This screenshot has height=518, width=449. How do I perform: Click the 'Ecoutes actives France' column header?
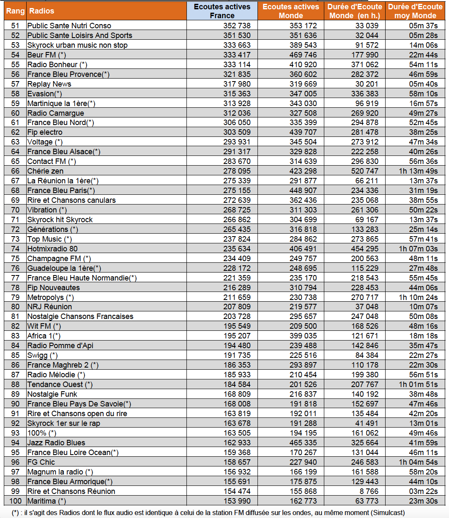pos(222,11)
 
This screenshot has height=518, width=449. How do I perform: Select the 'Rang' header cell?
pos(15,11)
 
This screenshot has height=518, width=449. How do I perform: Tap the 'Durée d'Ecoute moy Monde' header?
pos(415,11)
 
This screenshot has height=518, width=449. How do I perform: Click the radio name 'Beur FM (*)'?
pos(47,55)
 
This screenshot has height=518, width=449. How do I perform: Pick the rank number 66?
pos(15,171)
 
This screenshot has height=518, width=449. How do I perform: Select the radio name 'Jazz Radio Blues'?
pos(56,443)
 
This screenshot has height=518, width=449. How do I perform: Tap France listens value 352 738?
pos(237,26)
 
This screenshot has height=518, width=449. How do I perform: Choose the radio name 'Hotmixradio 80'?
pos(52,249)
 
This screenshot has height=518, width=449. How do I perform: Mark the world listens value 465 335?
pos(303,443)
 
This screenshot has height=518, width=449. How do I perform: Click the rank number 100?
pos(15,501)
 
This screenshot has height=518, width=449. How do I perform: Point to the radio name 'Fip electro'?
pos(45,132)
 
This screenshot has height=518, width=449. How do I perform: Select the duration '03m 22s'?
pos(423,491)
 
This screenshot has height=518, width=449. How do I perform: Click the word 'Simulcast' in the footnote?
pos(385,513)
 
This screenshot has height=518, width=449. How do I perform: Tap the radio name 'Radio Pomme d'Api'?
pos(60,346)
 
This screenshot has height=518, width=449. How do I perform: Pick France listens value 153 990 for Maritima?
pos(237,501)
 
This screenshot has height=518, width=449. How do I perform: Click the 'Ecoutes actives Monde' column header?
pos(291,11)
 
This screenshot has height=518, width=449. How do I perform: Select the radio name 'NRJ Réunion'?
pos(49,307)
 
